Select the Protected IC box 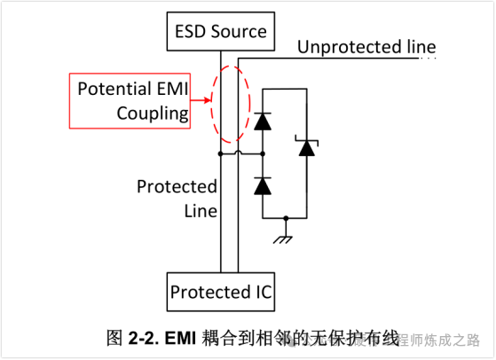tap(221, 292)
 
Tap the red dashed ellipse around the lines tap(231, 103)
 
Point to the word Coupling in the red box tap(153, 113)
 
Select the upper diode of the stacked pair tap(263, 122)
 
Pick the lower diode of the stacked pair tap(263, 185)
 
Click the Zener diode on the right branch tap(307, 147)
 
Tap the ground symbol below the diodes tap(285, 236)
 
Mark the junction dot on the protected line tap(220, 154)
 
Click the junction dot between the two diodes tap(263, 154)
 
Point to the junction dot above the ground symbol tap(285, 217)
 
